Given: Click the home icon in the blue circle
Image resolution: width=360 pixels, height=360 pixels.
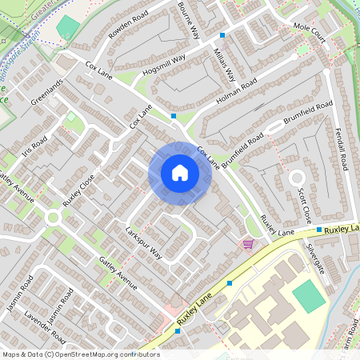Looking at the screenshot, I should pos(179,172).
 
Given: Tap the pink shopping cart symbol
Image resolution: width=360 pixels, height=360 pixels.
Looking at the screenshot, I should pos(248,243).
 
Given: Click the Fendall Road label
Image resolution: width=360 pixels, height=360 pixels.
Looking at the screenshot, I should pos(340,148).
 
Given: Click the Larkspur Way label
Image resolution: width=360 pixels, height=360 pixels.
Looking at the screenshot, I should pos(144,242).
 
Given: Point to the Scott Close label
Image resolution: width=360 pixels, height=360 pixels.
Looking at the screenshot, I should pos(304,206).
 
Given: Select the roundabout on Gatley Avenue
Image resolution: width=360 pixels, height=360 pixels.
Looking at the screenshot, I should pos(54,216).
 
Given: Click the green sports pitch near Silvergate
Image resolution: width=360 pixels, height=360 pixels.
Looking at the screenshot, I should pos(309,297).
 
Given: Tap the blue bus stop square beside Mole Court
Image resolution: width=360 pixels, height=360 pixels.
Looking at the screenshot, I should pos(222,35).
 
